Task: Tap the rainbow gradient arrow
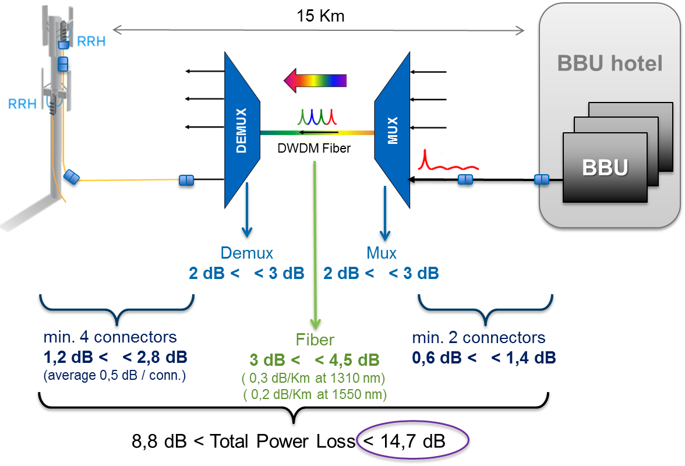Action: click(x=315, y=79)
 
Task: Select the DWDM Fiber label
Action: click(x=314, y=148)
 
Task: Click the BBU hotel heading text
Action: click(x=610, y=62)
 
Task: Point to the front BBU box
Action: click(x=605, y=167)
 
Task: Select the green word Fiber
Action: click(x=315, y=340)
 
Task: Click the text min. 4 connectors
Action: click(x=110, y=337)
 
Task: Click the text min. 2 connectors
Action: click(x=479, y=338)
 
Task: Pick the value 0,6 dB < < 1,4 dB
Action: click(x=483, y=357)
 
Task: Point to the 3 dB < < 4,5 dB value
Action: click(x=315, y=359)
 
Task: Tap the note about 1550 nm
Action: click(x=315, y=394)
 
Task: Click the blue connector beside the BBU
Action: click(x=542, y=179)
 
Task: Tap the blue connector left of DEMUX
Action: click(x=186, y=181)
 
